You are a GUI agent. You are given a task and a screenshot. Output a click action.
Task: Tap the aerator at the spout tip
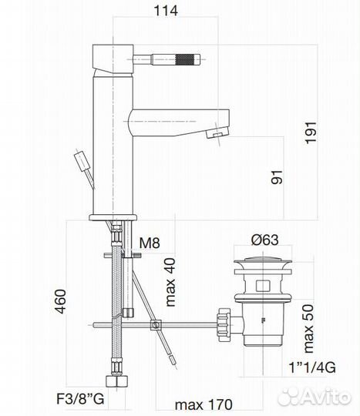(217, 136)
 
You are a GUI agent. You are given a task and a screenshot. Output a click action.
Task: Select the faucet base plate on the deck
(114, 215)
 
